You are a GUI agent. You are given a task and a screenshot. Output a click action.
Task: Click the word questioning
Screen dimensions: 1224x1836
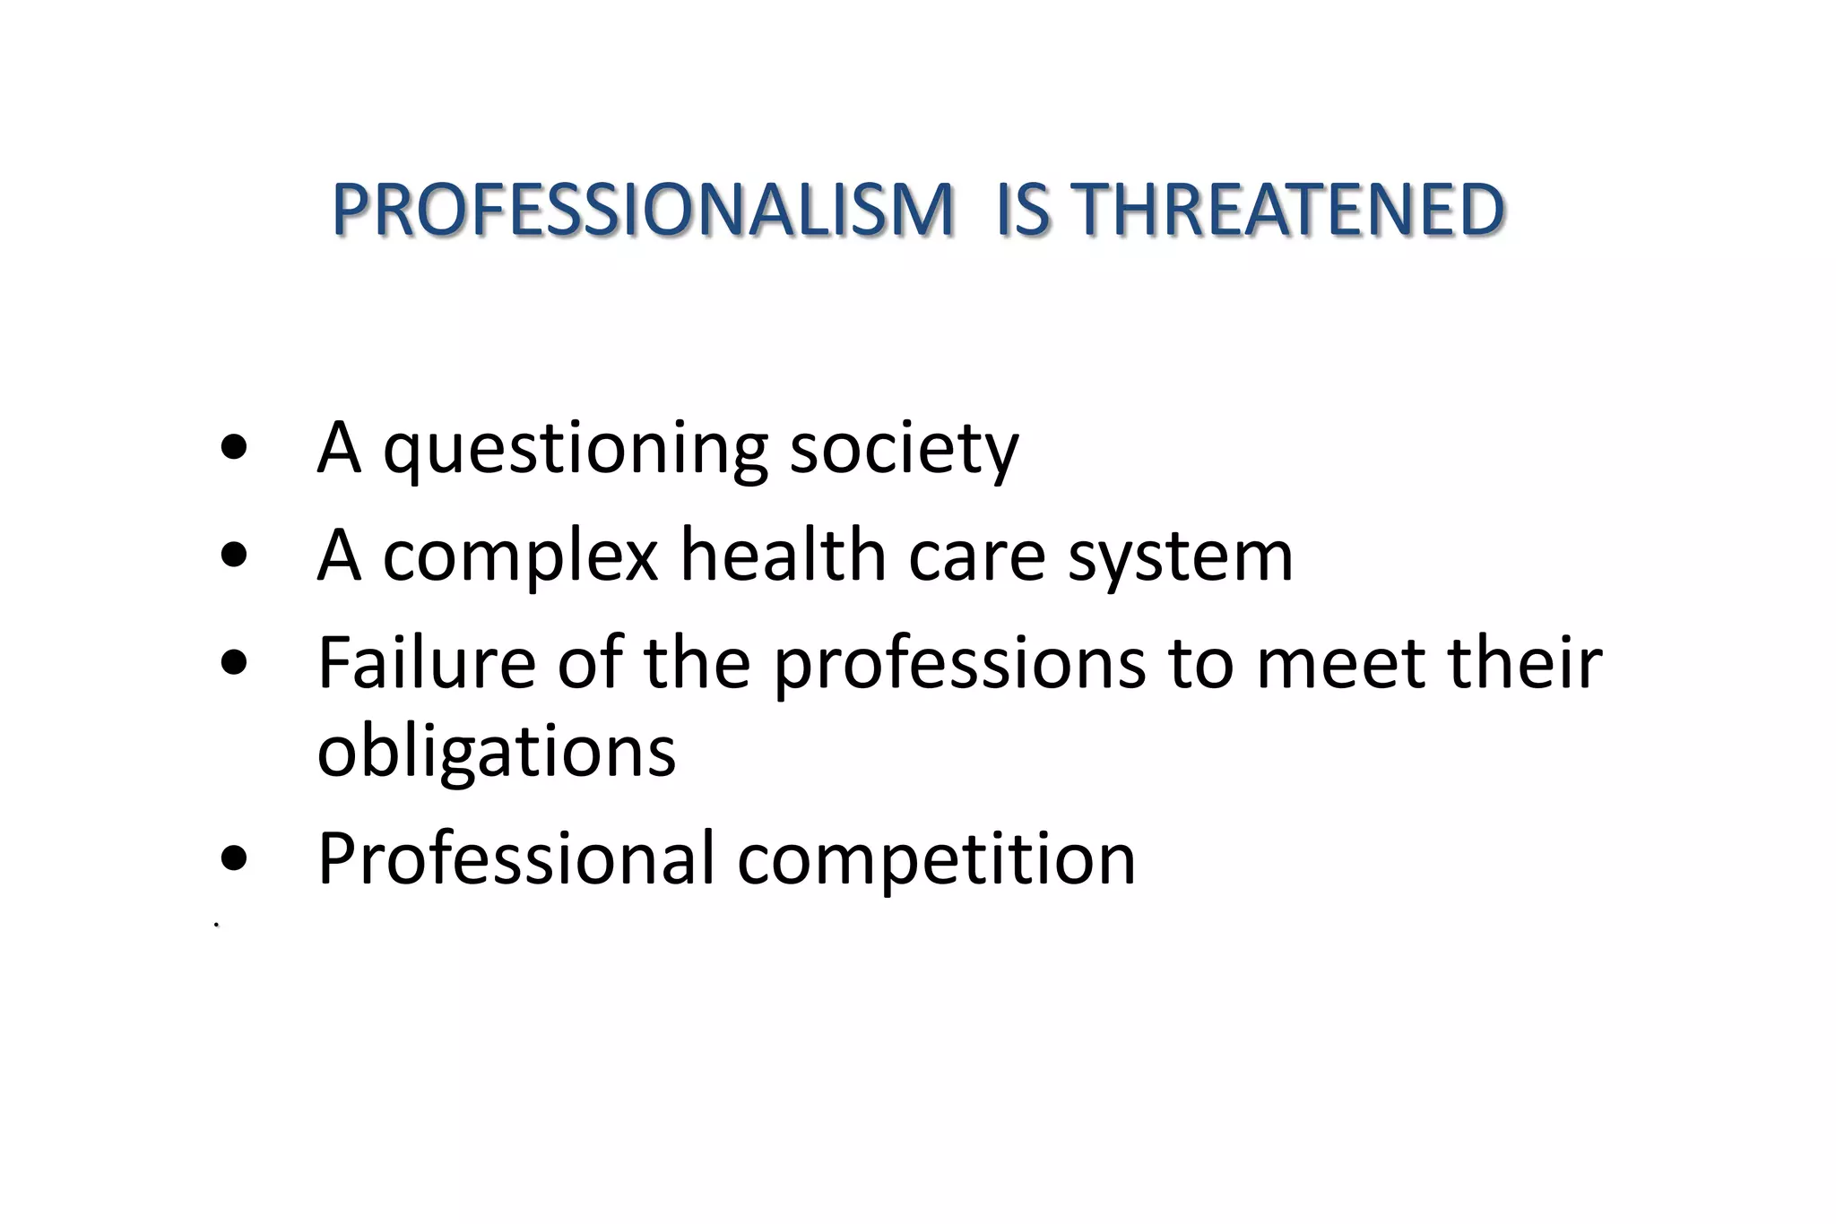point(575,449)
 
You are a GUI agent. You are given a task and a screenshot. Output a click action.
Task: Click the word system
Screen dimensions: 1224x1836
point(1181,557)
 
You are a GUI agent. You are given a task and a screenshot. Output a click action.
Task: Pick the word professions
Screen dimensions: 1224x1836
point(960,665)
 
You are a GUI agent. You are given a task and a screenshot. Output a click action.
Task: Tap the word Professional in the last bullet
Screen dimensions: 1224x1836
point(517,858)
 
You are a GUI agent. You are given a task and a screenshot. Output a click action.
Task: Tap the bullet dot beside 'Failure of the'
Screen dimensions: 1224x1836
point(233,663)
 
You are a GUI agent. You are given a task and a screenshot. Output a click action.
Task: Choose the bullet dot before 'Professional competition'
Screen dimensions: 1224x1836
point(233,858)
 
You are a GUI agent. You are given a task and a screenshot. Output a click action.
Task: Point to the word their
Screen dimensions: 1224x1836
point(1525,663)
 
